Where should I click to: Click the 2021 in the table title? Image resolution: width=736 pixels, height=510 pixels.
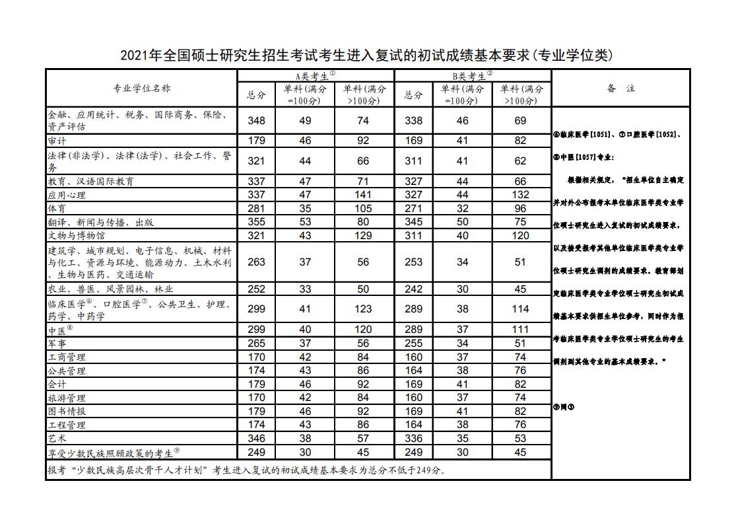pos(135,55)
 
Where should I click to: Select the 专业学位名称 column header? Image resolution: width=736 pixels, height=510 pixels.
pos(141,88)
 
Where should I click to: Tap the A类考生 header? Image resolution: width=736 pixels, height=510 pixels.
pos(316,75)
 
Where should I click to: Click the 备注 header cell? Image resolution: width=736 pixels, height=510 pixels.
pos(620,88)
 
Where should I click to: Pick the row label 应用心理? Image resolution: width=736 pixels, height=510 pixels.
pos(67,195)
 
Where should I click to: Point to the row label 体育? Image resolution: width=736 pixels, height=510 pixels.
pos(57,209)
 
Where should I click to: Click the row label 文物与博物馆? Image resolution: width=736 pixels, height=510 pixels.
pos(77,235)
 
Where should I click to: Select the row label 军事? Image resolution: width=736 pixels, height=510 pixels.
pos(57,344)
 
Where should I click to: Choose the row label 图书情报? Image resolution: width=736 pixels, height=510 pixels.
pos(67,411)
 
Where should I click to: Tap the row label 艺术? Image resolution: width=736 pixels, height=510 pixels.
pos(57,438)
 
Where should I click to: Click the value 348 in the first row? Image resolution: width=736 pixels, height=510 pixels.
pos(256,121)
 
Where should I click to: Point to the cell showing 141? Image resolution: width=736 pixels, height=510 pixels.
pos(363,195)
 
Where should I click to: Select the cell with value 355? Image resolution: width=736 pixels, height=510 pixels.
pos(256,222)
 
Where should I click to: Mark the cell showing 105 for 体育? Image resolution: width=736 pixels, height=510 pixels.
pos(363,209)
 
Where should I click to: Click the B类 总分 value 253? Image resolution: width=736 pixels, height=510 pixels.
pos(413,262)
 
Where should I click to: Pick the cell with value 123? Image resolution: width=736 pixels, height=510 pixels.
pos(363,309)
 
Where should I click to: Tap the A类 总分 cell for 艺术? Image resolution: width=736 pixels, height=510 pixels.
pos(256,438)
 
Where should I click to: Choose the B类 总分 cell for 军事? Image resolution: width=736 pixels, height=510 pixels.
pos(413,344)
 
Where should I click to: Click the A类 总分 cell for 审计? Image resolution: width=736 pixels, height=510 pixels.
pos(256,141)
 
